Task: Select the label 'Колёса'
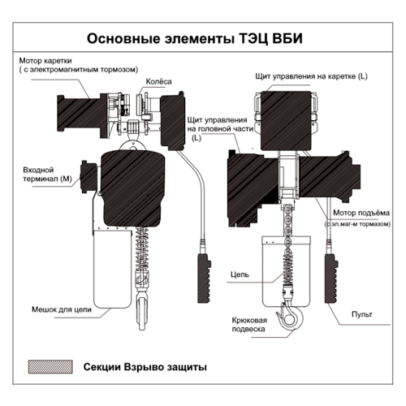pyautogui.click(x=158, y=80)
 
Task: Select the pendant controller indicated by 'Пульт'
pyautogui.click(x=330, y=273)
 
